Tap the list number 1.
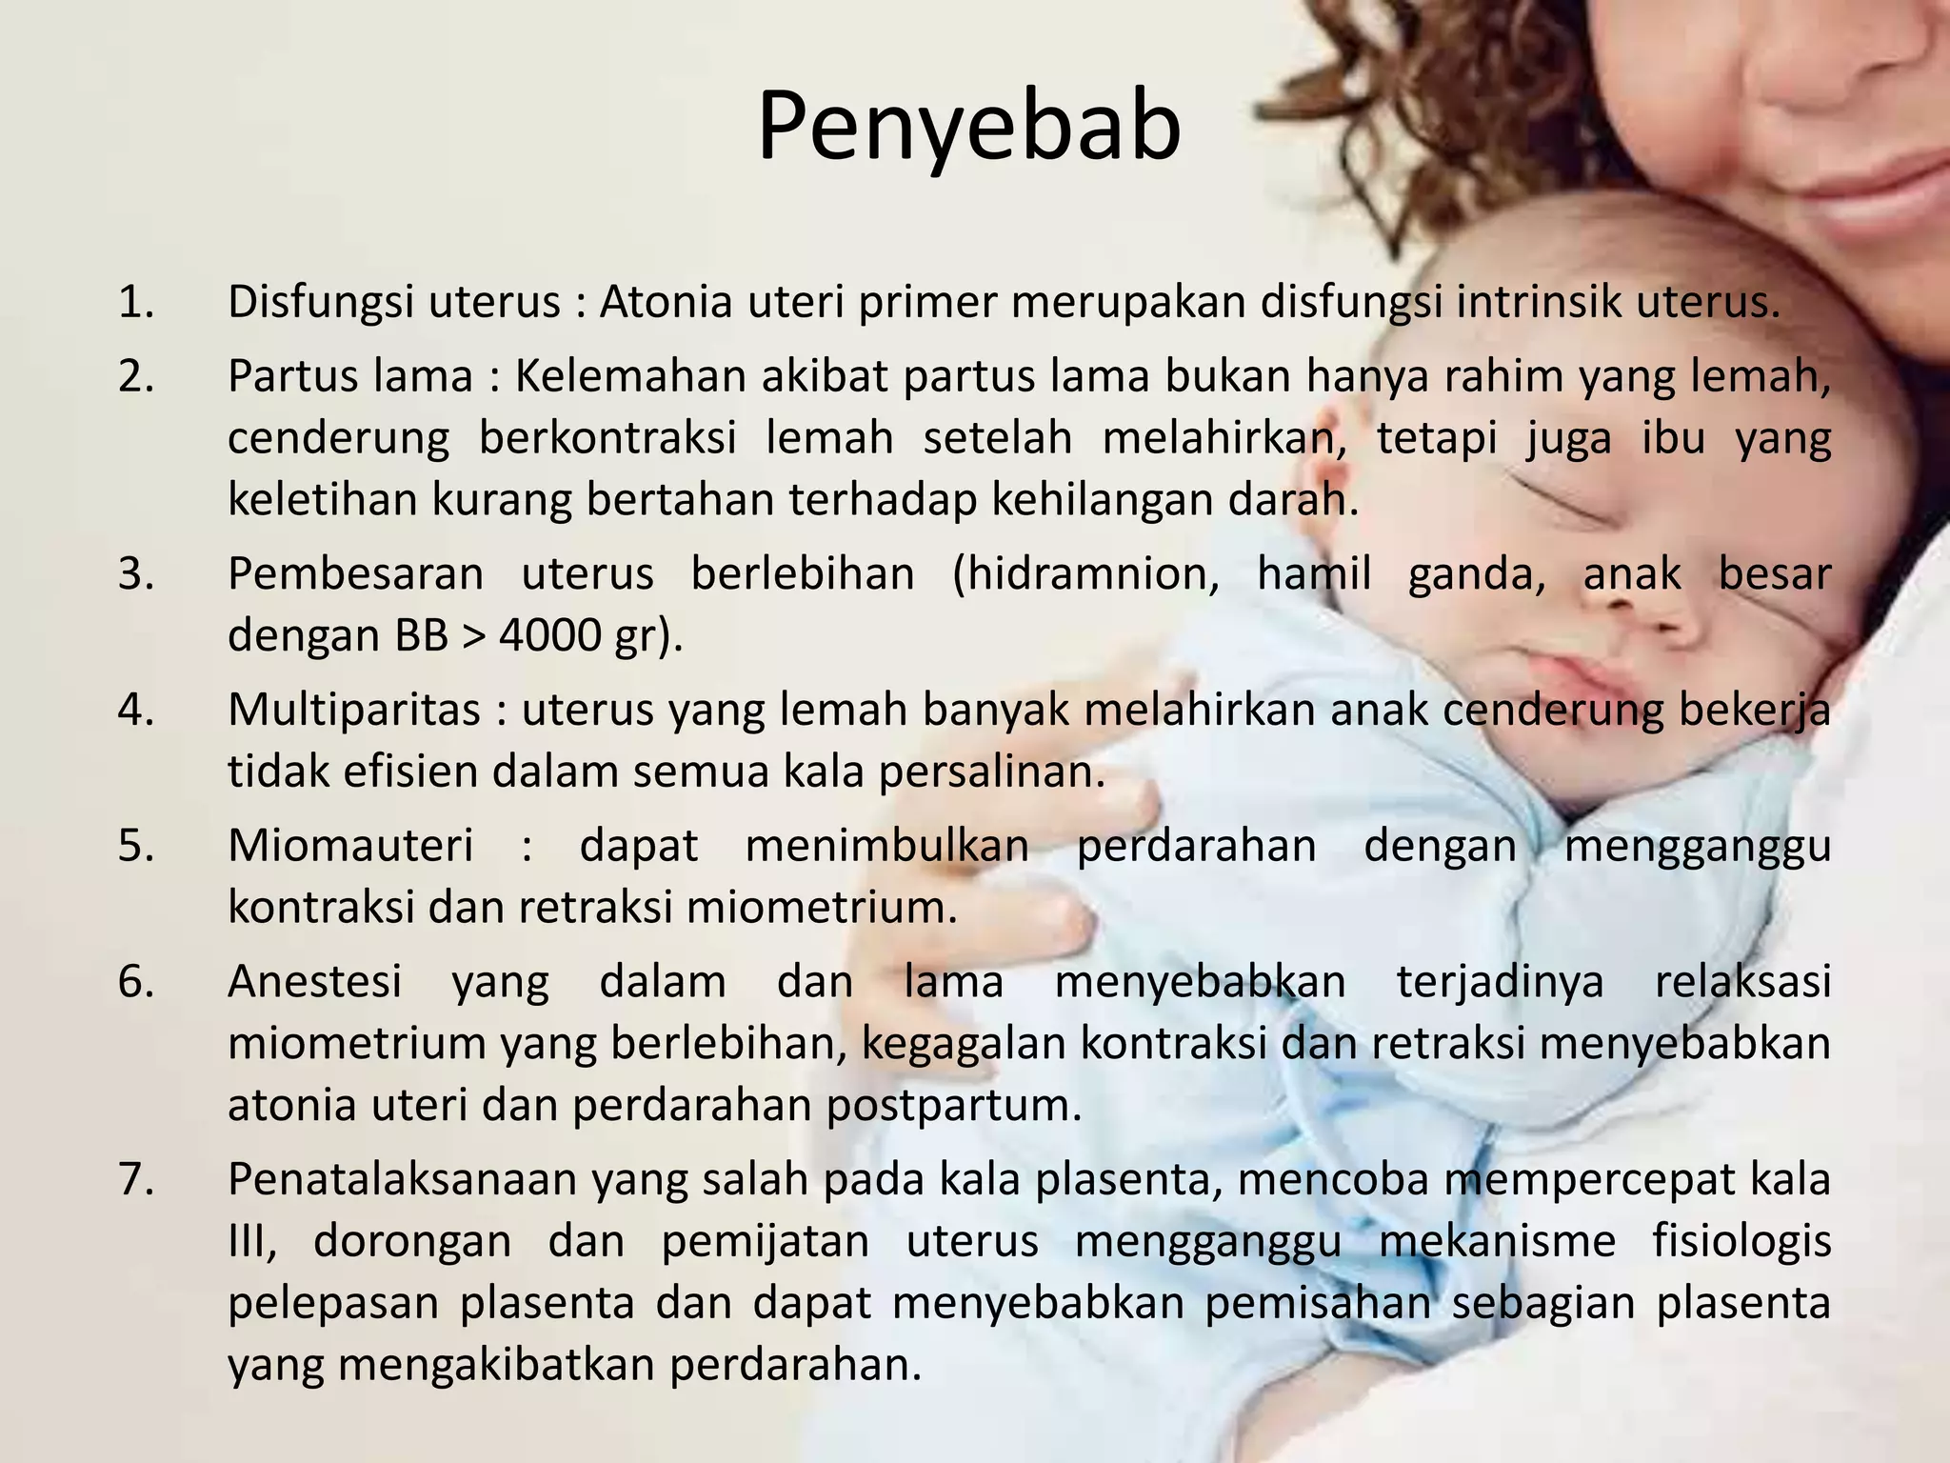pyautogui.click(x=135, y=303)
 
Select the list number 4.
pyautogui.click(x=135, y=710)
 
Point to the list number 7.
pyautogui.click(x=135, y=1179)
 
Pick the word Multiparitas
pyautogui.click(x=354, y=710)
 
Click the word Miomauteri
pyautogui.click(x=350, y=846)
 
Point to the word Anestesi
pyautogui.click(x=315, y=982)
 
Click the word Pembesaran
pyautogui.click(x=355, y=574)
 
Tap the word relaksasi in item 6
pyautogui.click(x=1742, y=982)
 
